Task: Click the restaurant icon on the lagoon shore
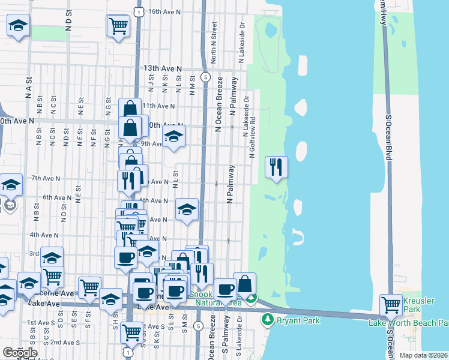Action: click(x=276, y=167)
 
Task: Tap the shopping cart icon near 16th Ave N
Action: click(x=118, y=25)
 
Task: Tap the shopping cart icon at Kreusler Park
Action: click(x=391, y=305)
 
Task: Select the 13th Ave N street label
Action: click(x=163, y=70)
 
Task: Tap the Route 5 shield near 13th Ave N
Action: click(x=205, y=77)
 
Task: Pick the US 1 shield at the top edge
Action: click(x=139, y=11)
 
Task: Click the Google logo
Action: click(x=20, y=353)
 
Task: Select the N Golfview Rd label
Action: click(x=252, y=138)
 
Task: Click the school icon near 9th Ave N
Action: click(x=173, y=136)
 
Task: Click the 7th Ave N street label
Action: click(x=46, y=178)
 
